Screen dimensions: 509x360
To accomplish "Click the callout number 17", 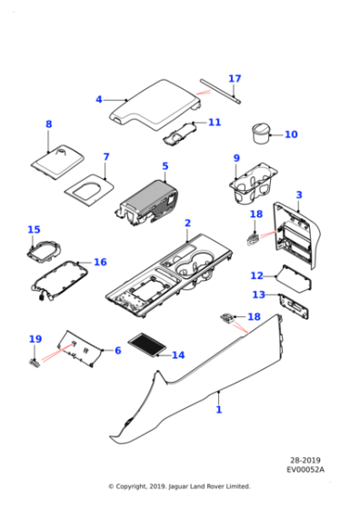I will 235,79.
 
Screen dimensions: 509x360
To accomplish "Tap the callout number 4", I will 99,99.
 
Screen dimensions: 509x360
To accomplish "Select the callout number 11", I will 215,122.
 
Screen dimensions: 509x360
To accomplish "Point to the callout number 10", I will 291,135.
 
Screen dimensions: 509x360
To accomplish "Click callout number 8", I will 49,125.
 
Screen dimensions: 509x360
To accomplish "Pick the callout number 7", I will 105,156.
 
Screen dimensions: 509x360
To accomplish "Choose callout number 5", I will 165,166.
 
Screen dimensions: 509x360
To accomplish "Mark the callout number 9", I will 236,159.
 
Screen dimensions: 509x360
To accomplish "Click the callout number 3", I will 299,195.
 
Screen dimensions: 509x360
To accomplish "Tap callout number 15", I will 34,230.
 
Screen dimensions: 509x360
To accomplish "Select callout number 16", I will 100,262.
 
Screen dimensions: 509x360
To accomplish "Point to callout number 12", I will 257,275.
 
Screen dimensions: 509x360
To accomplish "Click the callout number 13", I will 259,294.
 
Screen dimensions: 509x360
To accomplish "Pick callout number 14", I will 177,355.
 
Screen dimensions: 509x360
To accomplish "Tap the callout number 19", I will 35,339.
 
